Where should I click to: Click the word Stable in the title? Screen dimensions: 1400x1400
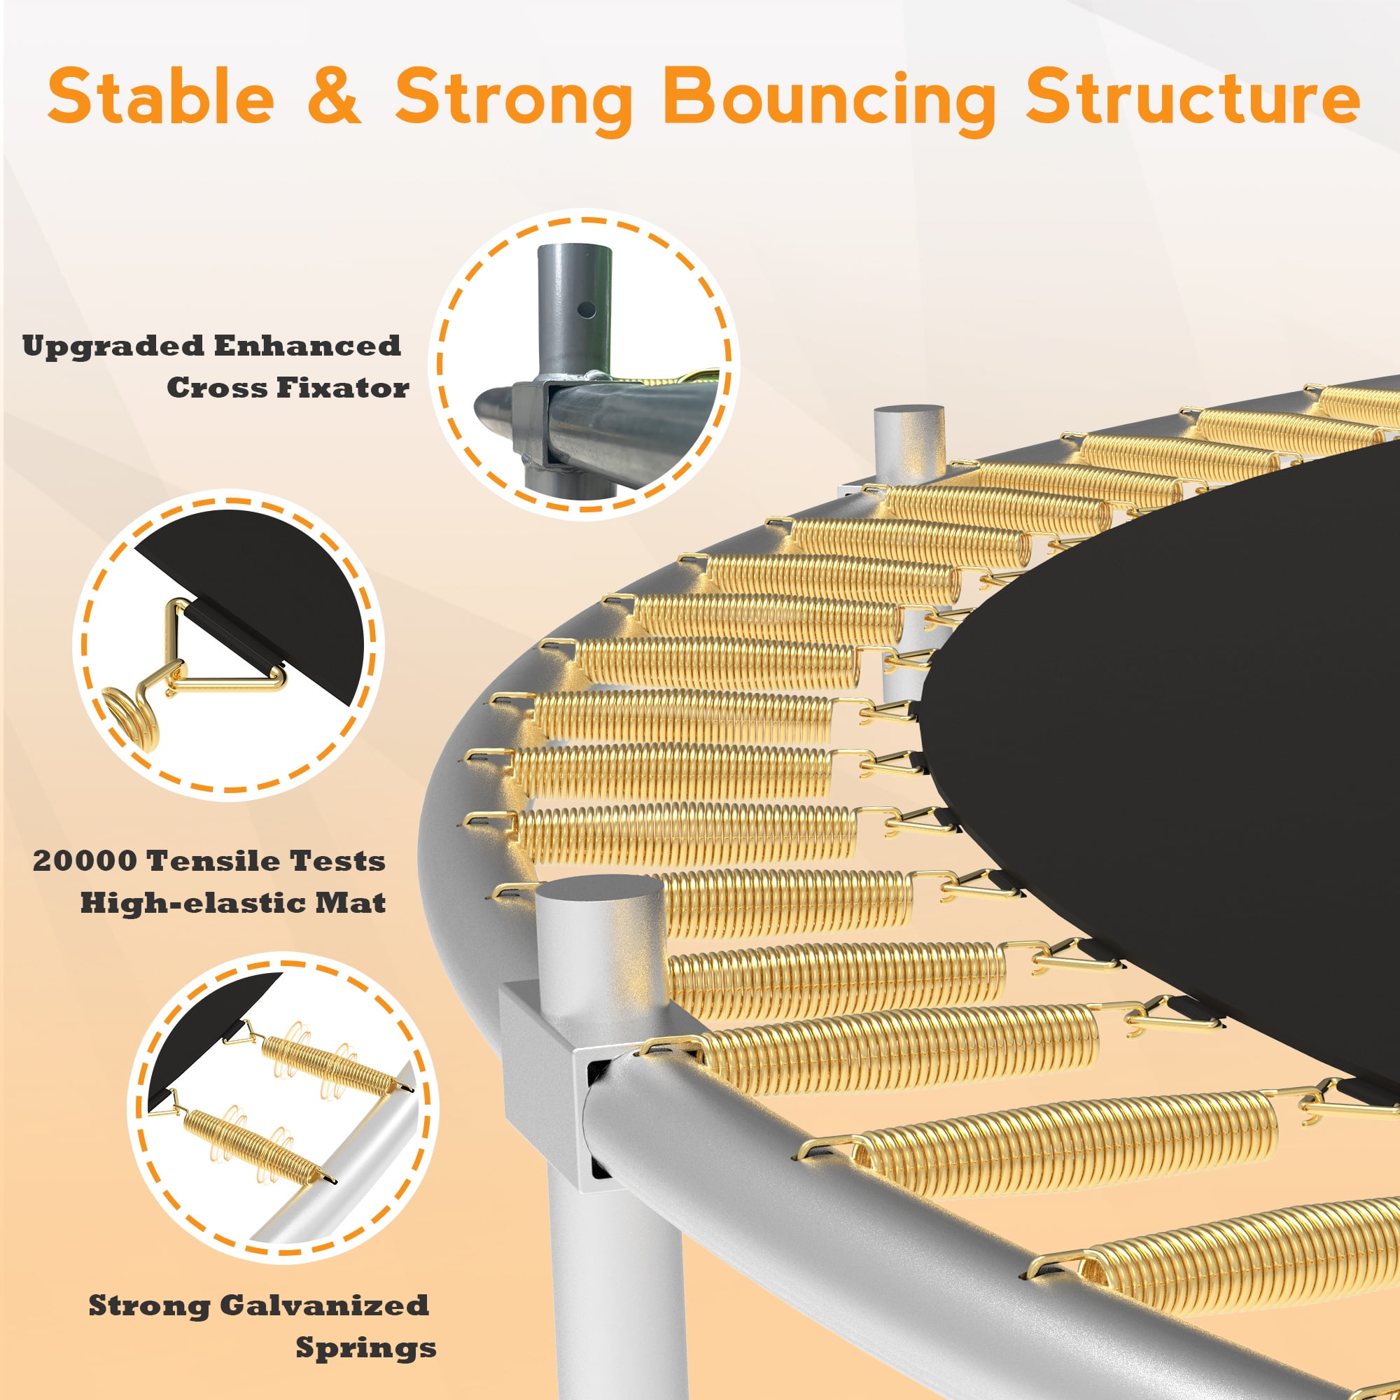(x=161, y=96)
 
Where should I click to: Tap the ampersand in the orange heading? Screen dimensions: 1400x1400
(x=334, y=96)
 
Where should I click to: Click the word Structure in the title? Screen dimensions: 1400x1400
(x=1192, y=97)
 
